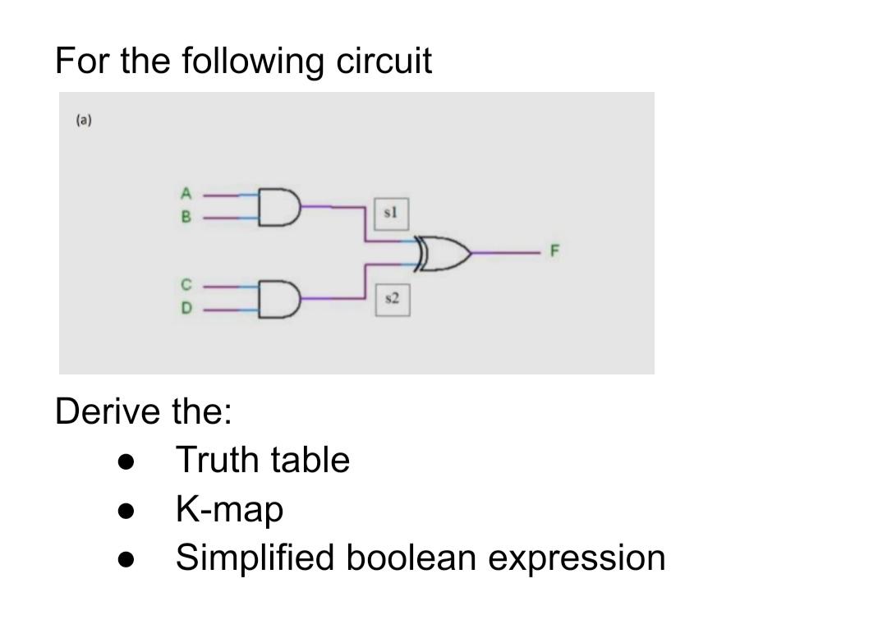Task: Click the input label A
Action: (186, 195)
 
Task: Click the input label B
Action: (186, 218)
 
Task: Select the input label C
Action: (186, 286)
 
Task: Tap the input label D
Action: (186, 310)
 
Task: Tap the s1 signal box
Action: (391, 212)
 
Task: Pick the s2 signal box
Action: (391, 300)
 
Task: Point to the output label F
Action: (554, 254)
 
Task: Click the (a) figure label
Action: (84, 121)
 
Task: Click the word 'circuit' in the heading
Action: (384, 61)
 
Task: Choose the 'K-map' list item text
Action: (230, 510)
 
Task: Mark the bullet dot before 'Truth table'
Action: (126, 462)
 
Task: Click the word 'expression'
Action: (577, 559)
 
